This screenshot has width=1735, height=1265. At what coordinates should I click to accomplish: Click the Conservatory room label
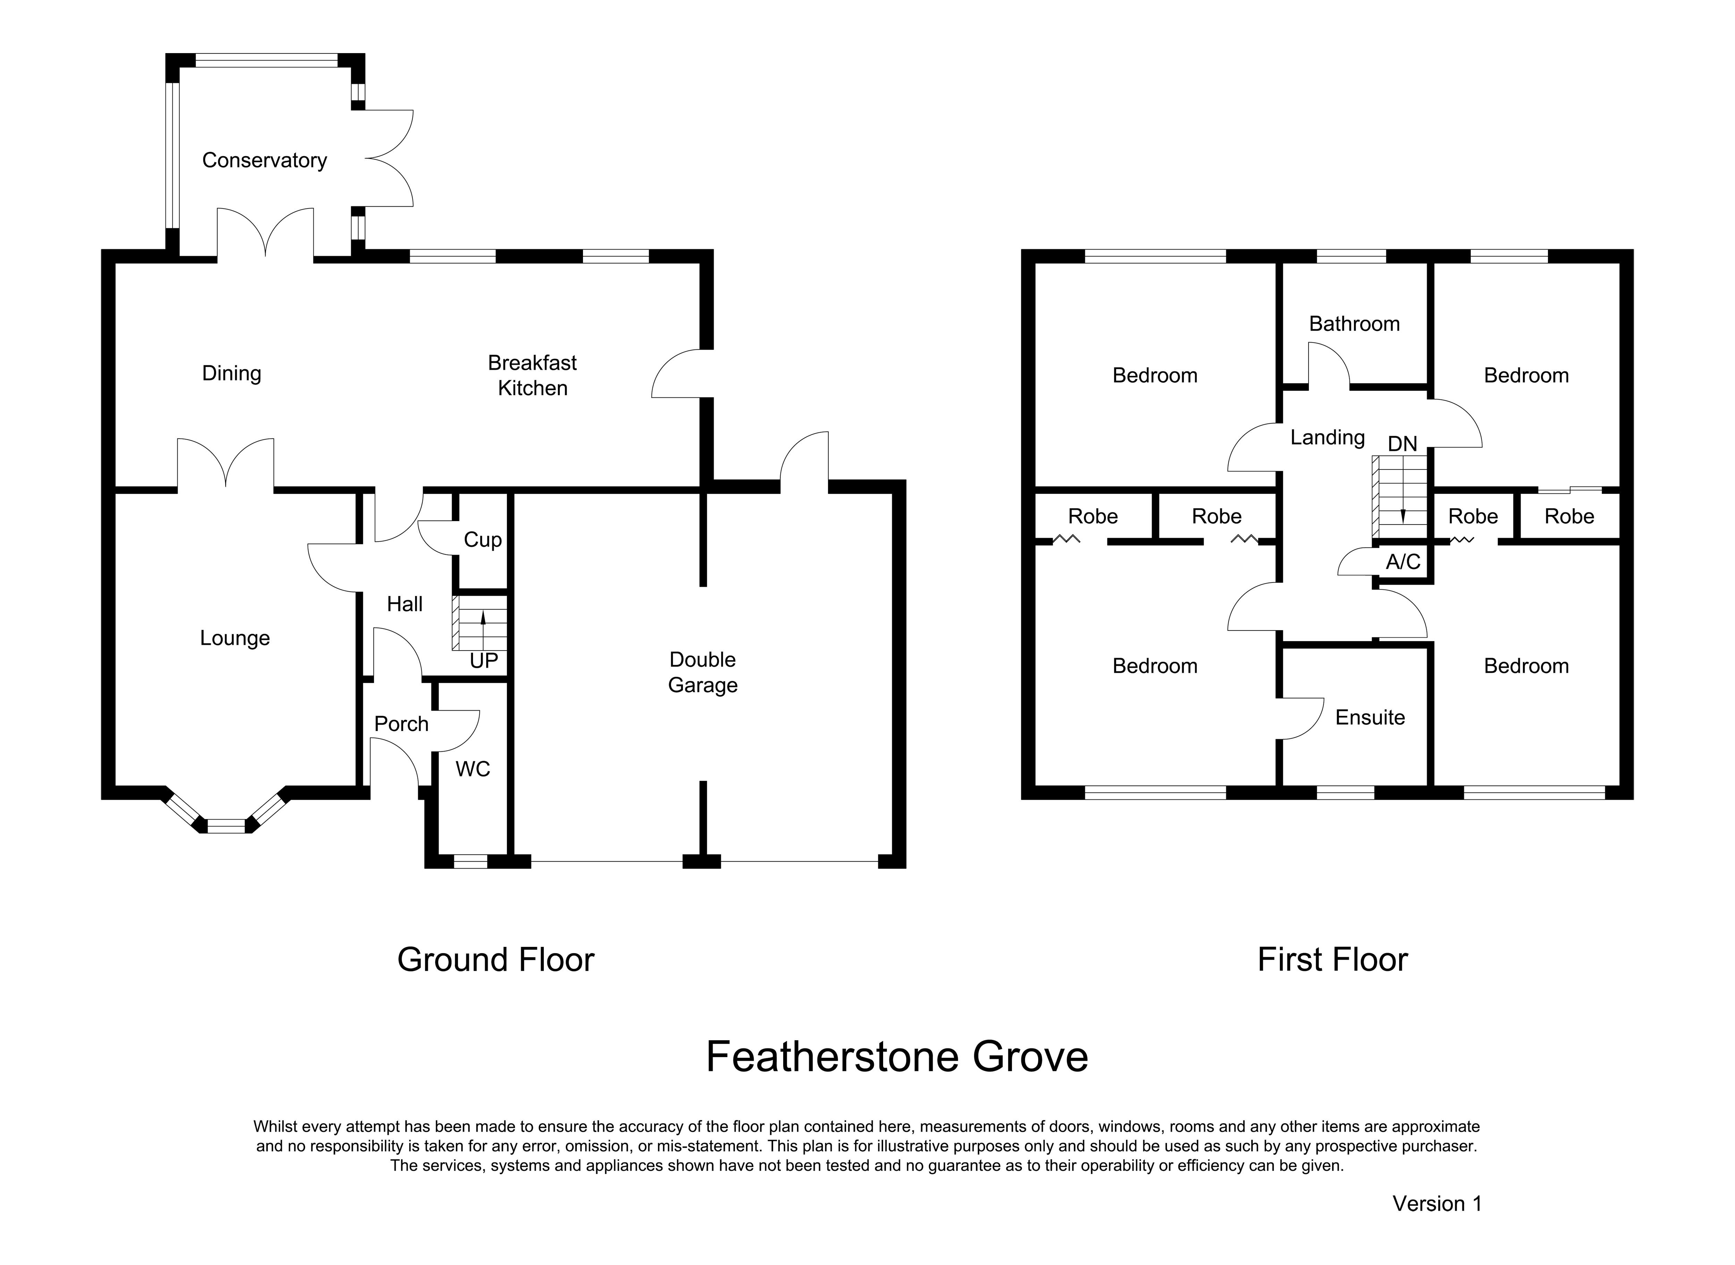[x=264, y=160]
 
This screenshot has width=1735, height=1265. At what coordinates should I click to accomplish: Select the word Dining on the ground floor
[x=231, y=374]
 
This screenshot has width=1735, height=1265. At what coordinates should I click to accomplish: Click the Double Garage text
[x=703, y=672]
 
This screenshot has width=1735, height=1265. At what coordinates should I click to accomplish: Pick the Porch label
[x=401, y=724]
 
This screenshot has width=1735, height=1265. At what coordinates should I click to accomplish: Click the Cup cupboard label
[x=482, y=540]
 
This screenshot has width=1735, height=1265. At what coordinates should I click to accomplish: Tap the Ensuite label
[x=1370, y=718]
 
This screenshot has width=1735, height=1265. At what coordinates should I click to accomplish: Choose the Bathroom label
[x=1354, y=324]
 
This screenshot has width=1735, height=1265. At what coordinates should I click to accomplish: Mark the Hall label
[x=404, y=604]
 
